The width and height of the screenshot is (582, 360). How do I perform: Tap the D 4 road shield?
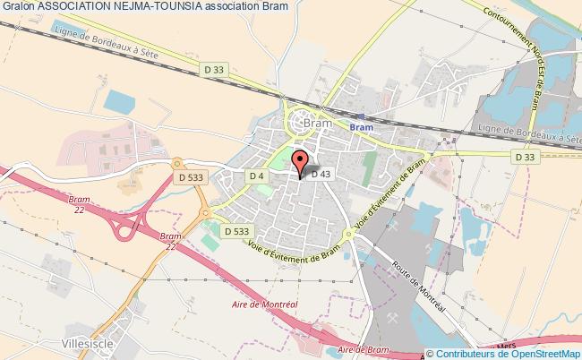pos(256,175)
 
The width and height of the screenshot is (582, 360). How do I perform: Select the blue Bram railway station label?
pos(360,127)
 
